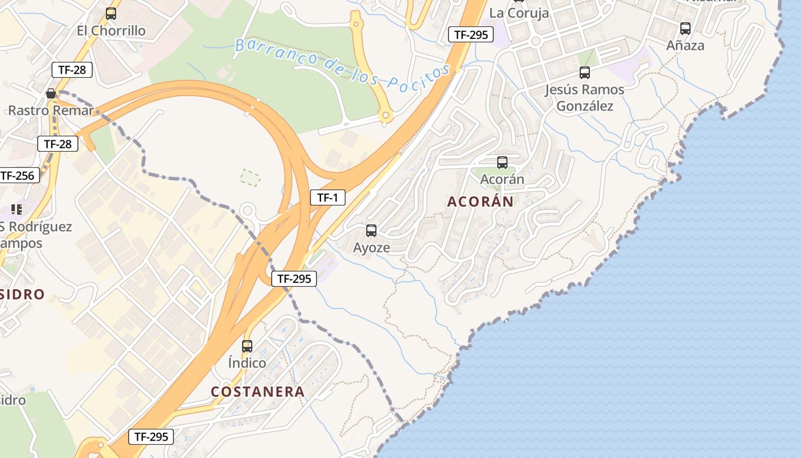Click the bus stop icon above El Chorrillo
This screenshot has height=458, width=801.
(x=111, y=14)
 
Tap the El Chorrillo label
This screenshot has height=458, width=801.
(x=111, y=30)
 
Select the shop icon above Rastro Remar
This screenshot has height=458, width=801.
(x=51, y=93)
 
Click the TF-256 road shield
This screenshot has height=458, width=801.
(x=18, y=175)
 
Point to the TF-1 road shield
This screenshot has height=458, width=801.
(x=328, y=198)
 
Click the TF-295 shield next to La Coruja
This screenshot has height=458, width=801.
(x=471, y=34)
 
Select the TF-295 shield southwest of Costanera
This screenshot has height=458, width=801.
(x=151, y=437)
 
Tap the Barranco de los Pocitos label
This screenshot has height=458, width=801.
(x=342, y=63)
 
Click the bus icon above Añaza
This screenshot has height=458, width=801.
(x=685, y=28)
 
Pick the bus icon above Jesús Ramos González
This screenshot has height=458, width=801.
(x=584, y=73)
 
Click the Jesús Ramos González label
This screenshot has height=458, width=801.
(x=584, y=98)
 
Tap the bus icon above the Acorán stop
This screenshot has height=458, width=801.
(x=502, y=163)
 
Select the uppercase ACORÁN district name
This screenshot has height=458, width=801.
(x=481, y=202)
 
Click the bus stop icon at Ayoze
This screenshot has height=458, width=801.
(x=371, y=231)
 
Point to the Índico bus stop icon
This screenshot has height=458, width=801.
(x=247, y=346)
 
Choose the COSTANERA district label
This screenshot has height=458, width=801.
(x=257, y=392)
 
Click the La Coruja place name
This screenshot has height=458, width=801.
(x=519, y=13)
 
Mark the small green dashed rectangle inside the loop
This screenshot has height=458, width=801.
(x=250, y=177)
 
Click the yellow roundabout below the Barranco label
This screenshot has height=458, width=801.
(x=386, y=117)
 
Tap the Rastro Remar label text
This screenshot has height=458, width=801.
(x=50, y=110)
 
